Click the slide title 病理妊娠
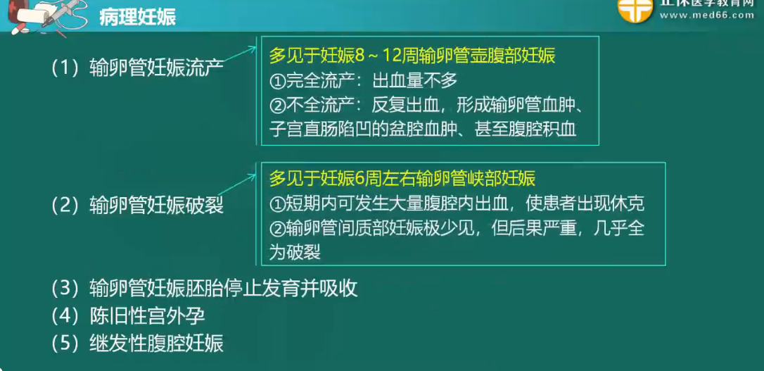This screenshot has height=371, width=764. click(x=137, y=18)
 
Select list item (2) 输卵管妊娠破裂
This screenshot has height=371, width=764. click(x=137, y=206)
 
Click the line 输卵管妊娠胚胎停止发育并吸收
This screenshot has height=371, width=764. click(x=205, y=289)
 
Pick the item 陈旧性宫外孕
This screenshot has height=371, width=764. click(x=128, y=316)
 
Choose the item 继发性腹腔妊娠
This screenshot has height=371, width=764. click(x=137, y=344)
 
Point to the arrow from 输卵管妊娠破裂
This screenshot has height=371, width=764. click(x=237, y=185)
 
